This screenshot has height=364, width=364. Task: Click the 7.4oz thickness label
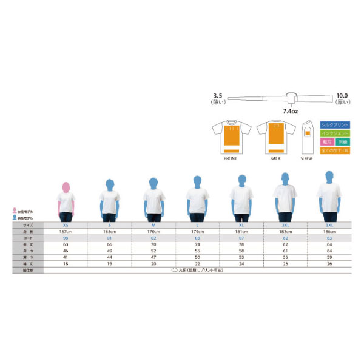290,112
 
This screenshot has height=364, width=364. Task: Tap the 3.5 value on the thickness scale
220,95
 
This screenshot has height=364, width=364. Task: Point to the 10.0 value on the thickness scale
342,95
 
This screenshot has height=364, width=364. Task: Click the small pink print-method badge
326,141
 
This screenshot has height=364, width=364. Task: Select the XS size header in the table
65,225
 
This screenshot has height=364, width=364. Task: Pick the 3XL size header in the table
329,225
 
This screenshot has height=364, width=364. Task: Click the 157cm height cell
65,232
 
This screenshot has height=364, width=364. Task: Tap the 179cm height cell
197,232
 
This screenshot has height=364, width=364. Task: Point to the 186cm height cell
329,232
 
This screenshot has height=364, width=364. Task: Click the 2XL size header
285,225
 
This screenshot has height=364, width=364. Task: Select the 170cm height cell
153,232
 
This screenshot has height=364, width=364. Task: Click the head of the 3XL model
329,177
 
